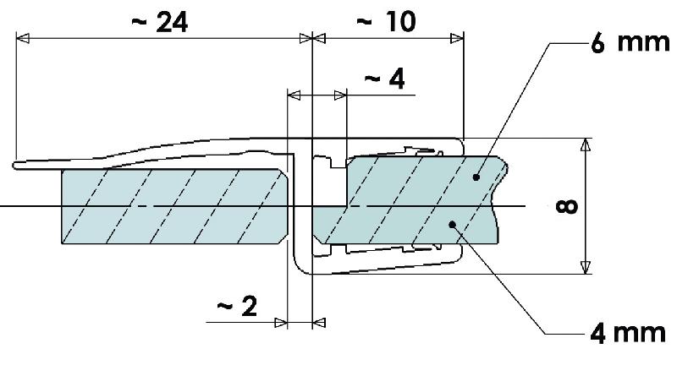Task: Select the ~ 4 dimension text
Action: click(x=384, y=79)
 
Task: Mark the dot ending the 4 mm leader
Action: click(x=454, y=224)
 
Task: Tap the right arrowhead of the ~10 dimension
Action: click(x=457, y=37)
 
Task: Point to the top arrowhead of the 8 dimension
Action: click(x=584, y=144)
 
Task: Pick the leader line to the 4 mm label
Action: click(x=499, y=279)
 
